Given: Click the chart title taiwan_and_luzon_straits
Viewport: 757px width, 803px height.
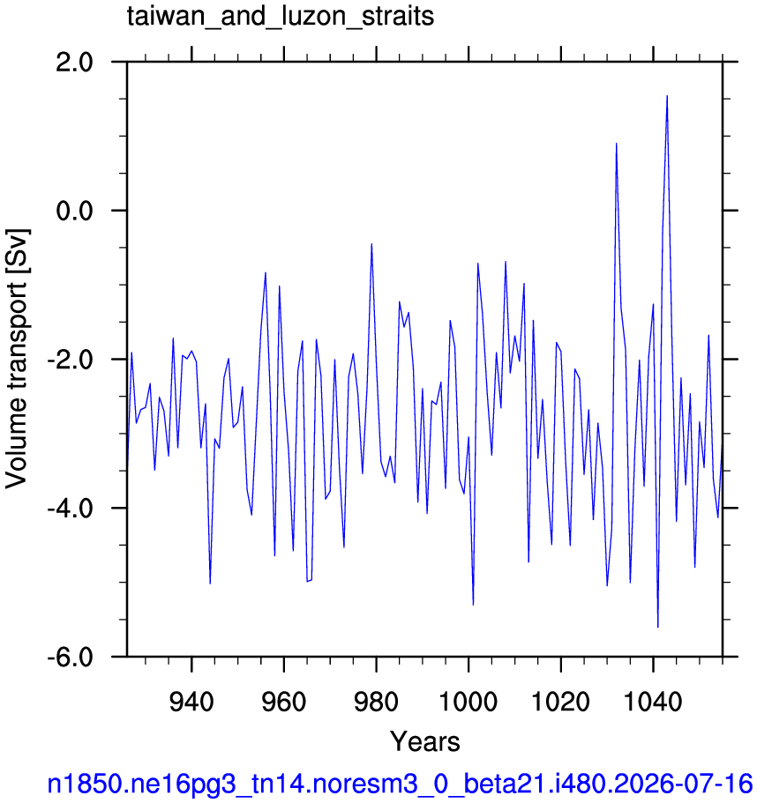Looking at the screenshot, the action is click(x=281, y=17).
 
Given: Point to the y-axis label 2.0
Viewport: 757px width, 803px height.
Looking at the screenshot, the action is click(x=74, y=63).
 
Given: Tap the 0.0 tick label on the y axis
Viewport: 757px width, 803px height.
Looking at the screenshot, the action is click(x=74, y=211).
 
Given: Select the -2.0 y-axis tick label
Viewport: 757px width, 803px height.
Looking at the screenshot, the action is click(x=70, y=360).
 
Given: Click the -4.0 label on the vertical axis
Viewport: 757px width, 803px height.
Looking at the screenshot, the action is click(x=70, y=509).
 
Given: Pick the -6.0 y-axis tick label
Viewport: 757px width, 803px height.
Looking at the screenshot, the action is click(x=70, y=657).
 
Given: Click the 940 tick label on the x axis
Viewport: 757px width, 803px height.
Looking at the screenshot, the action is click(x=191, y=702).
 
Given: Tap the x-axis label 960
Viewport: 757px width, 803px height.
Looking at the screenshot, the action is click(x=283, y=702).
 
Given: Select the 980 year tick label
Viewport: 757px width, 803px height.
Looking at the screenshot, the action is click(x=376, y=702).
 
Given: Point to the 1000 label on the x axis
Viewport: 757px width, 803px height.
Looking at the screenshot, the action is click(x=468, y=702).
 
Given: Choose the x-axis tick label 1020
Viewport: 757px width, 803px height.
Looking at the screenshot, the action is click(x=561, y=702).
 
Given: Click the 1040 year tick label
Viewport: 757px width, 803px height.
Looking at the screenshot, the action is click(x=653, y=702).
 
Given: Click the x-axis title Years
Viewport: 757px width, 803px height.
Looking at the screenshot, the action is click(x=425, y=741).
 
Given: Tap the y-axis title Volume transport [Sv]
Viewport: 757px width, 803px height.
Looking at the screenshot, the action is click(x=17, y=359).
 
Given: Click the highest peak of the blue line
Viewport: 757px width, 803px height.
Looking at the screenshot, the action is click(x=667, y=96).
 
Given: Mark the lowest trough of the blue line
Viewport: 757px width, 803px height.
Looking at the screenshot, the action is click(x=657, y=627).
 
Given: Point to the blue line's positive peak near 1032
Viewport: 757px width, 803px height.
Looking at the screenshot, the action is click(x=616, y=144).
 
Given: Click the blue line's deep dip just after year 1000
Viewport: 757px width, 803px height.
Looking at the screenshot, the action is click(x=473, y=605).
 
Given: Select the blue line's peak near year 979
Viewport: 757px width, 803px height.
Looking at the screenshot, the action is click(x=371, y=244).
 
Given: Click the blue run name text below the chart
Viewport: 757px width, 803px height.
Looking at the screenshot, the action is click(x=400, y=784).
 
